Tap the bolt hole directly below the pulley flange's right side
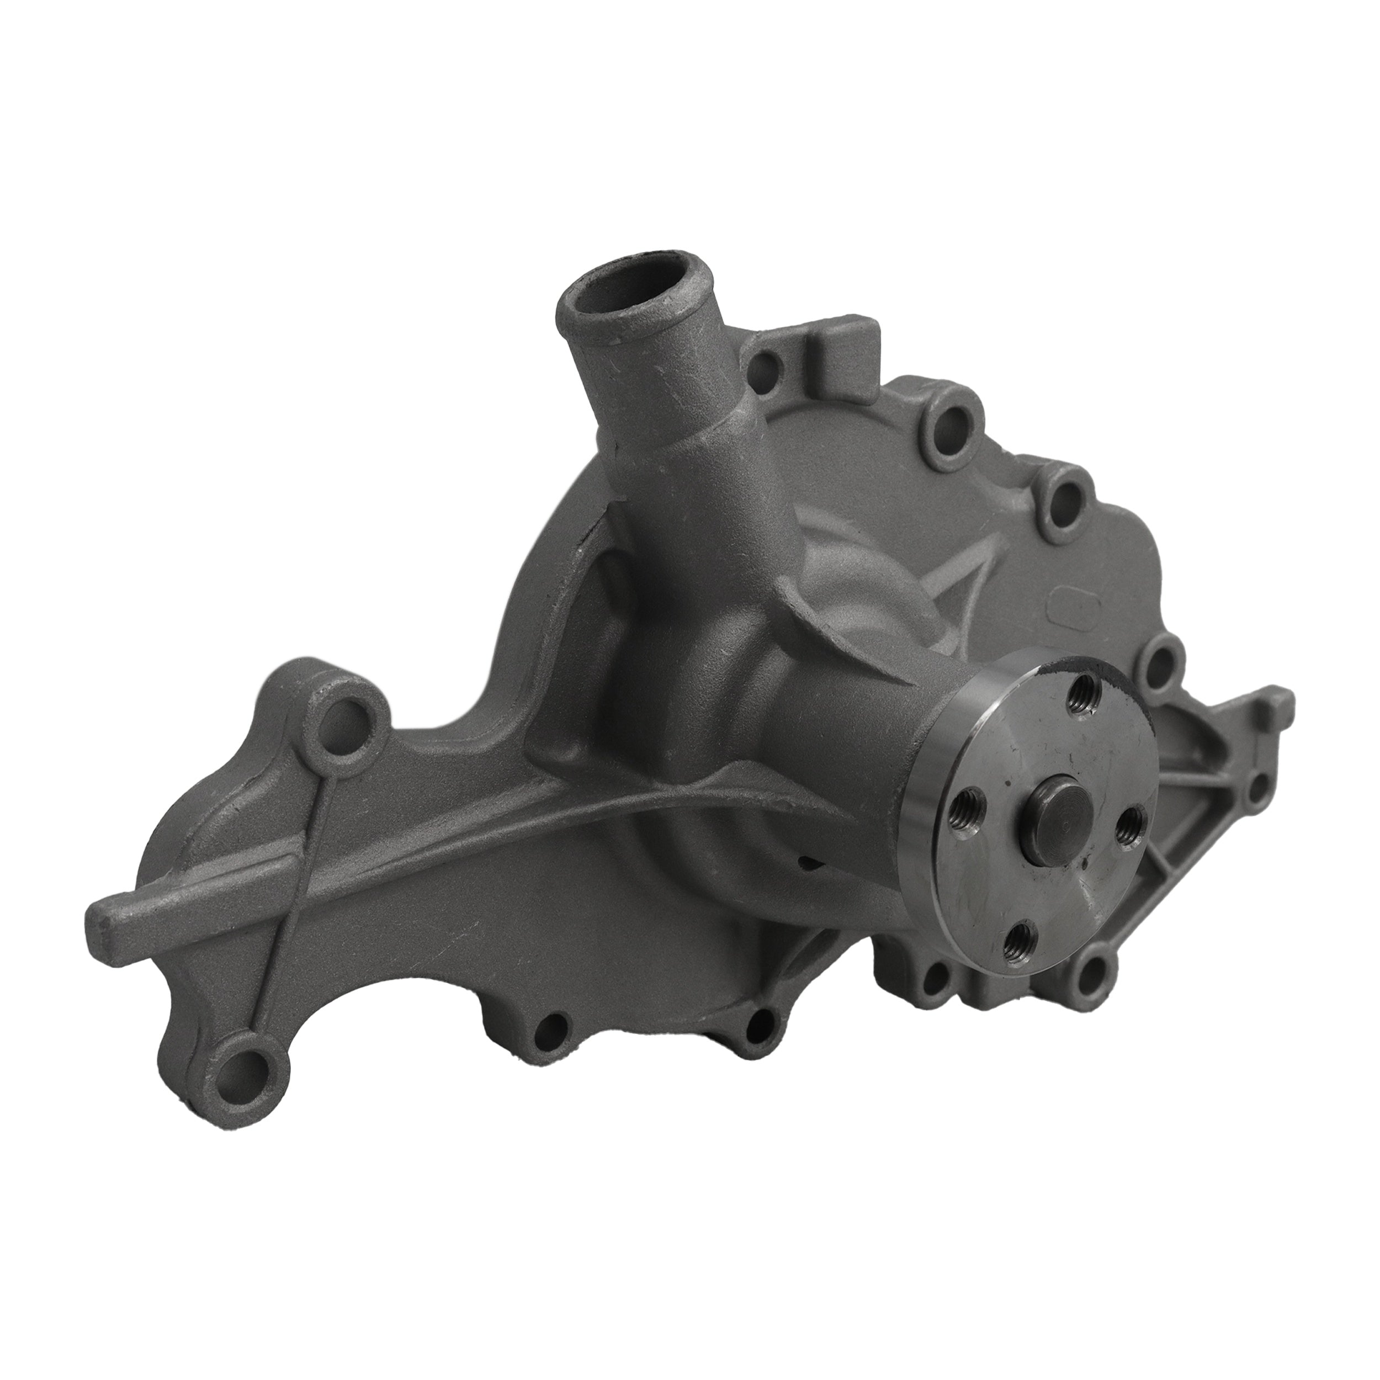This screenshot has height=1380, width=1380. click(1094, 969)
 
